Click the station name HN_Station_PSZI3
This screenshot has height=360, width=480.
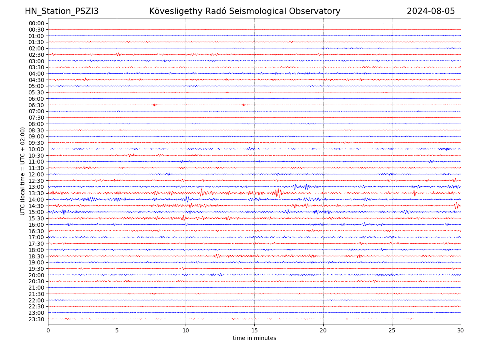62,11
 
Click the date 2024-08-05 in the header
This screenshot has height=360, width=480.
431,11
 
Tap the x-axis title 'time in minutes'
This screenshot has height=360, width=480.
254,338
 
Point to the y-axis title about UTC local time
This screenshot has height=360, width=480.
23,171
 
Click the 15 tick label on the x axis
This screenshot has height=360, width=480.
254,330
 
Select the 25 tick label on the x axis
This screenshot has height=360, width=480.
392,330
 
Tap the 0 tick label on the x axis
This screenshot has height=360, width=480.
48,330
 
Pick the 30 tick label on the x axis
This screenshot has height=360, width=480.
461,330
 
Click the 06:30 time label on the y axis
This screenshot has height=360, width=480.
36,105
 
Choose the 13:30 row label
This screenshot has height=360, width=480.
36,193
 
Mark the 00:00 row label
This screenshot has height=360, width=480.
36,23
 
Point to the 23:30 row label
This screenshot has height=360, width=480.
36,319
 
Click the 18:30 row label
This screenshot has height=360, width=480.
36,256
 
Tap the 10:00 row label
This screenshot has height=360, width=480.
36,149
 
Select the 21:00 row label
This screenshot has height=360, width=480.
36,288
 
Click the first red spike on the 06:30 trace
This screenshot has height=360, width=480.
154,105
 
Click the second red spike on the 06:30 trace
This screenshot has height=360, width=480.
243,105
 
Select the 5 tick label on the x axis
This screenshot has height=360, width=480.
117,330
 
